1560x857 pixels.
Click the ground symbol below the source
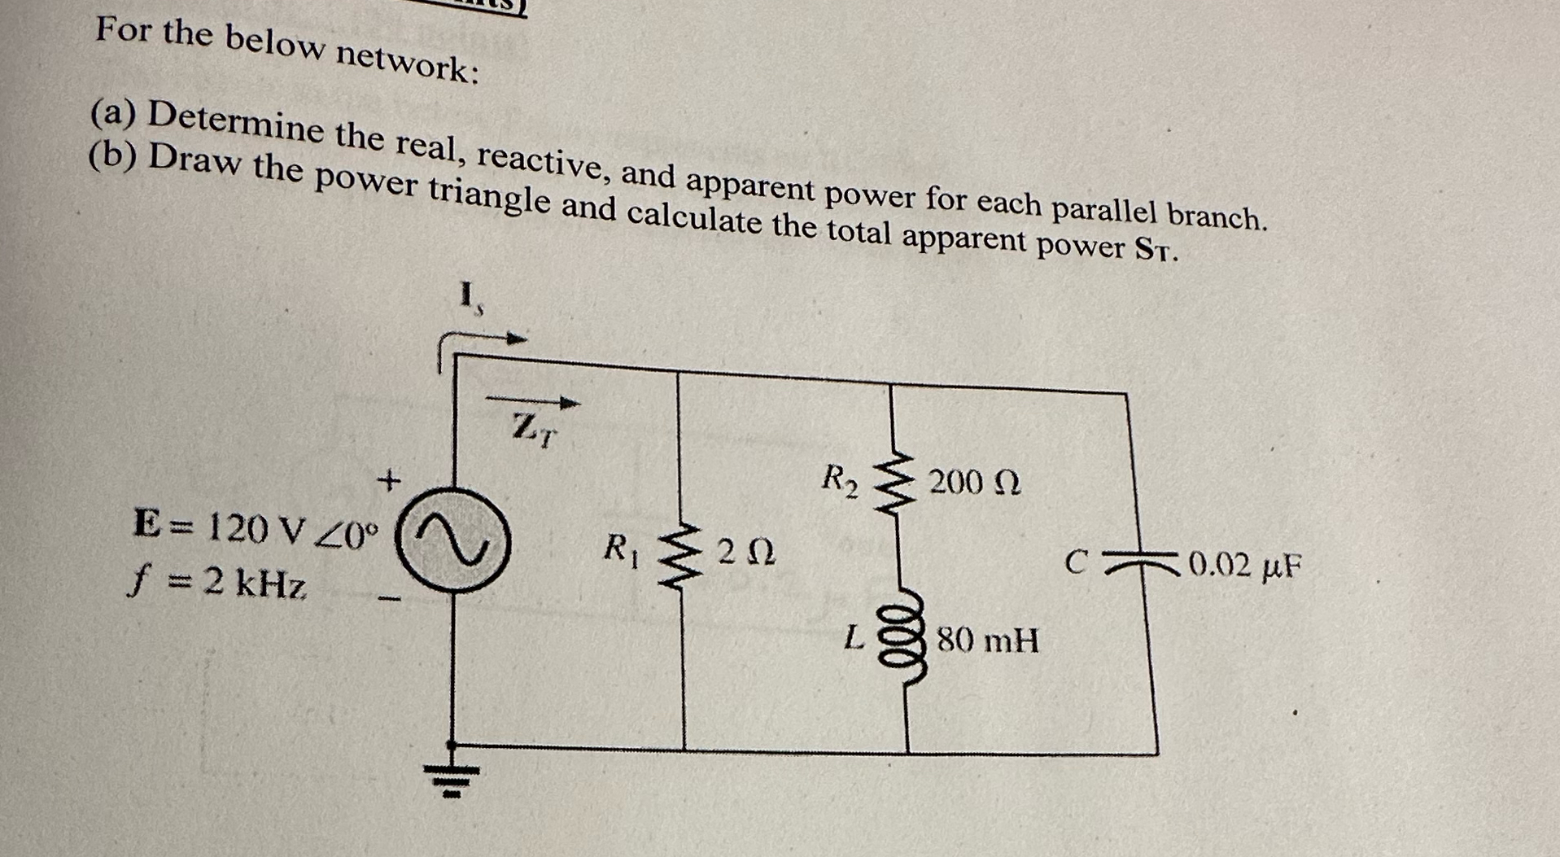pos(453,773)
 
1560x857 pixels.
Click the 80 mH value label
pos(988,641)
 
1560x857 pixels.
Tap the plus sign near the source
pos(390,481)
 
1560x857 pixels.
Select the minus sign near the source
pos(390,601)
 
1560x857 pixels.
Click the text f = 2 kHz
pos(218,583)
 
